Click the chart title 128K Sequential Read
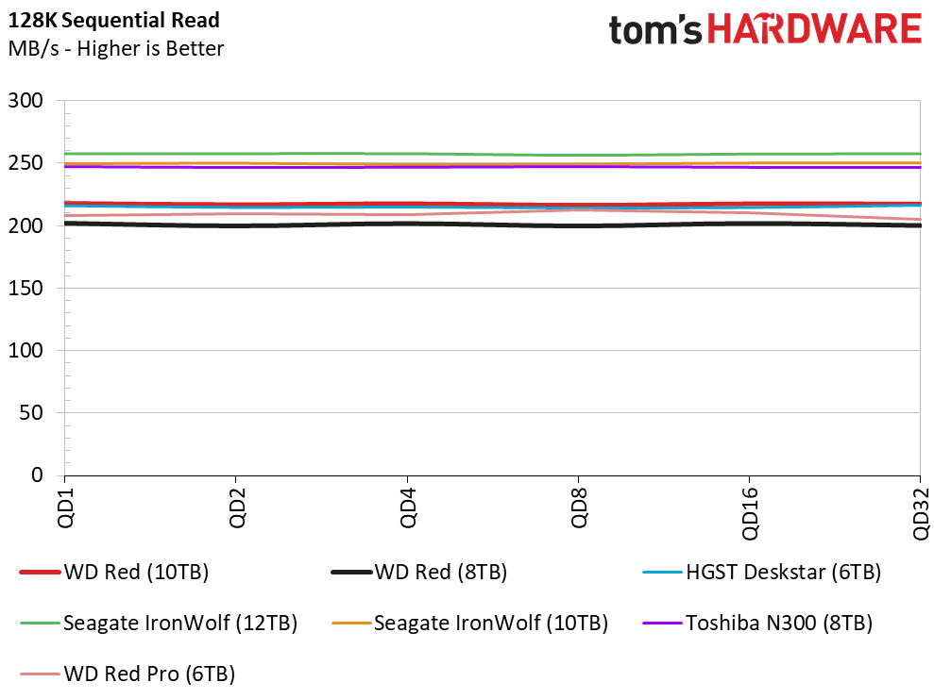(x=113, y=20)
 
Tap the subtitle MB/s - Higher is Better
(x=116, y=48)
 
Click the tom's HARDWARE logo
(x=765, y=30)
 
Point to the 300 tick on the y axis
(x=25, y=101)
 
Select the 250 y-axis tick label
(x=25, y=163)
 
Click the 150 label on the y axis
(x=25, y=288)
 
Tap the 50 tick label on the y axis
(x=31, y=412)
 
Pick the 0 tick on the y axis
(x=38, y=474)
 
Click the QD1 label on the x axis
(x=65, y=508)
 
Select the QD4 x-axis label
(x=408, y=508)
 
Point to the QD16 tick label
(x=750, y=513)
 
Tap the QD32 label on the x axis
(x=922, y=513)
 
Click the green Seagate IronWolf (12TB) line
(x=493, y=154)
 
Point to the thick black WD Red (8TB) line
(x=493, y=225)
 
